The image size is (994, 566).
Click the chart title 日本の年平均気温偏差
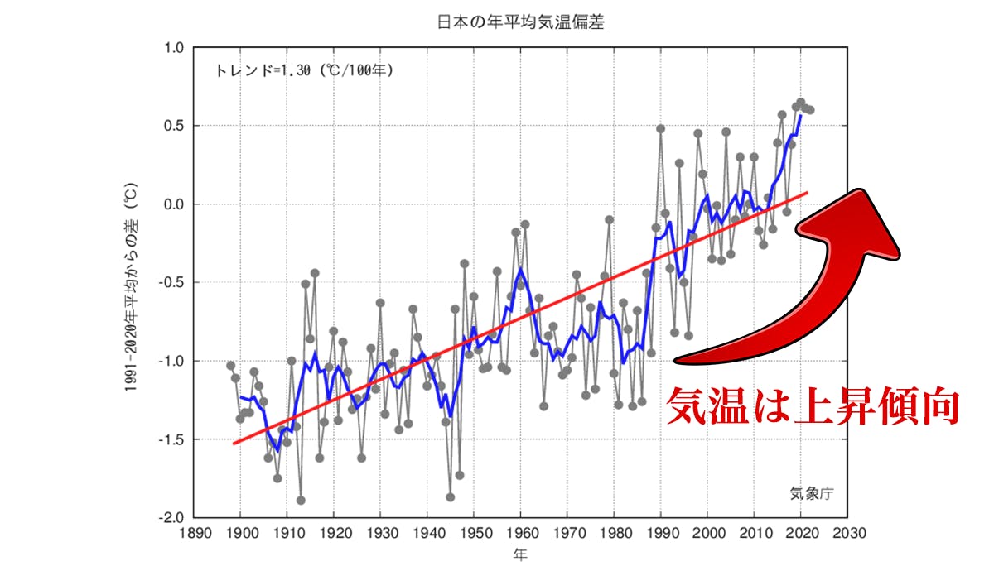click(520, 22)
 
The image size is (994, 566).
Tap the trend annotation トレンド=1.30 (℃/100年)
click(304, 70)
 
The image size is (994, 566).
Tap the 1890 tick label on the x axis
click(194, 534)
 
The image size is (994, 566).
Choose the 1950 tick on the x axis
click(474, 534)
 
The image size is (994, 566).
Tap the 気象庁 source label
click(811, 494)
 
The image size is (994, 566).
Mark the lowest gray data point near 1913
click(301, 500)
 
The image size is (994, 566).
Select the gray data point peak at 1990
click(661, 128)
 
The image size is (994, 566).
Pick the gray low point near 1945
click(451, 496)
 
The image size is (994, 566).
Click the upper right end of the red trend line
click(807, 192)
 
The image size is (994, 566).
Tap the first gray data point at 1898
click(231, 366)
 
